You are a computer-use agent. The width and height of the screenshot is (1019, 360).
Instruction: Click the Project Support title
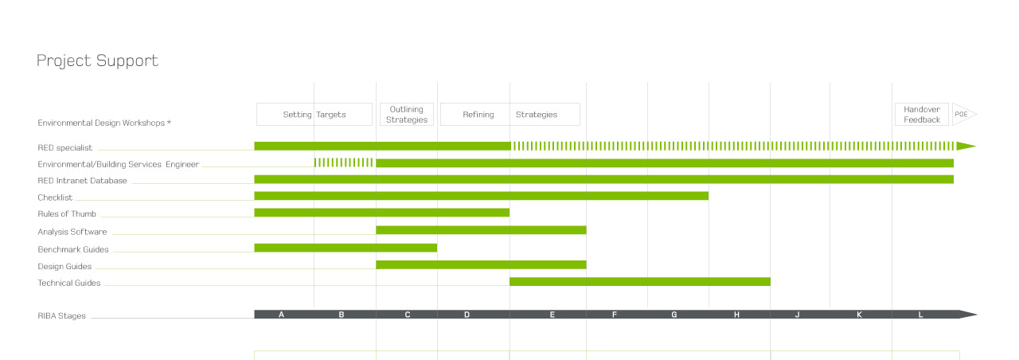coord(97,61)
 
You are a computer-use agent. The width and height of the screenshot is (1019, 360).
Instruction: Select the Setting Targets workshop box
coord(314,115)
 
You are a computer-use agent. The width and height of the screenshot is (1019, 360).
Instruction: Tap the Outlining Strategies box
coord(407,115)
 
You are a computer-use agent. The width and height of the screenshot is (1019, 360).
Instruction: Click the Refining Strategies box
coord(509,115)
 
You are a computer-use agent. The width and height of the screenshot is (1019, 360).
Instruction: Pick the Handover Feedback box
coord(922,115)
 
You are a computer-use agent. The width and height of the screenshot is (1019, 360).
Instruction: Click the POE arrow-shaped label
coord(963,115)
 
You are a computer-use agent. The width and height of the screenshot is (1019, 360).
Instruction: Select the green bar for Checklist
coord(481,196)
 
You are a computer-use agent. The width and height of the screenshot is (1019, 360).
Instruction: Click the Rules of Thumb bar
coord(381,213)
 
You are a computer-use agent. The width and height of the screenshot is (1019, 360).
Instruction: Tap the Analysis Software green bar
coord(481,230)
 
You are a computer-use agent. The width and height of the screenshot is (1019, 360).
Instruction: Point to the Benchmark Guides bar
coord(346,248)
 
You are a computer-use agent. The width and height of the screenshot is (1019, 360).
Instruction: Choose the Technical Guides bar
coord(639,281)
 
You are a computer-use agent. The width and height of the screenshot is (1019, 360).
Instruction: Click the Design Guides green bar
coord(481,264)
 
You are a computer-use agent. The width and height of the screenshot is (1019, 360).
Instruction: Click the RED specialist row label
coord(65,147)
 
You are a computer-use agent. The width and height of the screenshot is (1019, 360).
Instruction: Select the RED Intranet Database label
coord(82,181)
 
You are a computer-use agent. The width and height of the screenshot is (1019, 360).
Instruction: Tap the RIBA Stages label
coord(61,316)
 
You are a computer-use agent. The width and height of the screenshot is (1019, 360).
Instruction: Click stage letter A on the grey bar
coord(281,315)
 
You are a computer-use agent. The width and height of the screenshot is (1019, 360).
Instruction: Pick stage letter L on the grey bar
coord(920,315)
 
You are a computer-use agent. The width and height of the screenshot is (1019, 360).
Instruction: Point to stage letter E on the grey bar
coord(552,315)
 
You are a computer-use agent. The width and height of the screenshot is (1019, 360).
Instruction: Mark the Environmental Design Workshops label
coord(104,123)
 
